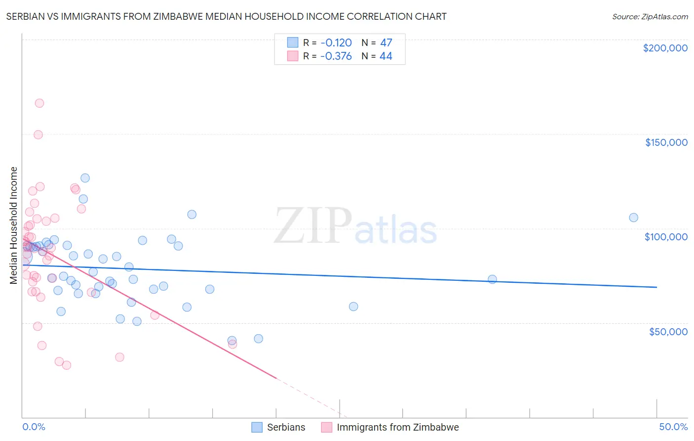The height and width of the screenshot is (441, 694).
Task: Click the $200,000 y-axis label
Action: (665, 48)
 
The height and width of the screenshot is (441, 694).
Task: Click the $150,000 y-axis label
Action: (666, 142)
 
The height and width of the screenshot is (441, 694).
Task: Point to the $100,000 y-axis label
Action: (666, 237)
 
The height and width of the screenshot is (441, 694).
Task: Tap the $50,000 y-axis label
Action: (668, 331)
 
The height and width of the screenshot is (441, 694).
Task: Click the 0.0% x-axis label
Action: (34, 427)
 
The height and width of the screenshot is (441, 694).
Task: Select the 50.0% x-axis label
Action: (673, 427)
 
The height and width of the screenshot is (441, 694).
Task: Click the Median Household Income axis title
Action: (13, 225)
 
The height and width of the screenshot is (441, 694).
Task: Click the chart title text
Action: (226, 16)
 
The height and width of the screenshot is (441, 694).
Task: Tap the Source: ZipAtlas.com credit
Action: (650, 17)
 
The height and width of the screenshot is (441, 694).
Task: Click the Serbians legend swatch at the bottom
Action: (257, 427)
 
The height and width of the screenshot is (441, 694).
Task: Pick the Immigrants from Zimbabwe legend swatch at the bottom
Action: (326, 427)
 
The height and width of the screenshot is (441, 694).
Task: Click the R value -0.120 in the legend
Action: (336, 43)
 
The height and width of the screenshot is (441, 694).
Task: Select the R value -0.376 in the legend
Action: (336, 56)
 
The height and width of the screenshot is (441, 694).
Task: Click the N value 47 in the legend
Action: (386, 43)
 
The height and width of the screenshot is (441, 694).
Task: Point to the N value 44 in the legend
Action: (386, 56)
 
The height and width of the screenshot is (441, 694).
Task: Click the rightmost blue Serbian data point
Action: (633, 218)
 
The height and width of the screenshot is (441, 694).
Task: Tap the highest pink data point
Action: (39, 103)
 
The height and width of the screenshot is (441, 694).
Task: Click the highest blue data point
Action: (85, 178)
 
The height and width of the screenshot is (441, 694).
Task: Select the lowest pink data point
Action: (66, 365)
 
